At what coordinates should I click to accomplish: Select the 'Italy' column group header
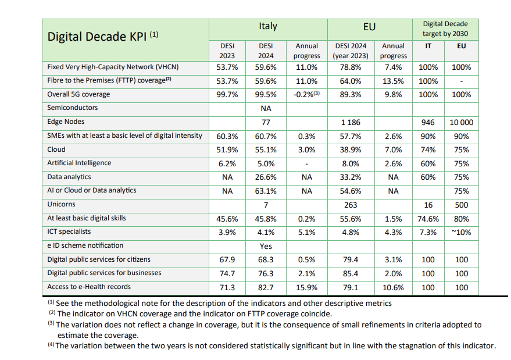click(x=268, y=26)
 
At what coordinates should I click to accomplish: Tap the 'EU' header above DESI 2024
click(x=369, y=27)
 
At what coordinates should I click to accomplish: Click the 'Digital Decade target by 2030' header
click(x=445, y=28)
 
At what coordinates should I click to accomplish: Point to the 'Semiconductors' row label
click(x=72, y=108)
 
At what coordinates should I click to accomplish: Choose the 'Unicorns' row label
click(x=61, y=204)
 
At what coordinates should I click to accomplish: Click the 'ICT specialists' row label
click(x=69, y=231)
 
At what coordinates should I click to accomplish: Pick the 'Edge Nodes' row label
click(x=66, y=122)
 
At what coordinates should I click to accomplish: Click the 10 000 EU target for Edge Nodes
click(x=462, y=123)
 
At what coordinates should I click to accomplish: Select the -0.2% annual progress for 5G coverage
click(x=306, y=95)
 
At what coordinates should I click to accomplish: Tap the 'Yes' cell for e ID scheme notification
click(x=266, y=246)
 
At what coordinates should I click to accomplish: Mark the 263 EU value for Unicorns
click(x=351, y=205)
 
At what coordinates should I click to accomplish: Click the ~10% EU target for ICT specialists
click(x=461, y=233)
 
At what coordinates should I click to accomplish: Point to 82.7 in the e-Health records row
click(x=266, y=288)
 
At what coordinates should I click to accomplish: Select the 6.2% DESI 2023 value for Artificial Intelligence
click(x=227, y=163)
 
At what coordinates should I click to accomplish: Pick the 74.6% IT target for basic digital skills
click(x=428, y=219)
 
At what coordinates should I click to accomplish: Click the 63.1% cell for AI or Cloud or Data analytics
click(x=266, y=191)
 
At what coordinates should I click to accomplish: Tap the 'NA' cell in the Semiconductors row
click(x=266, y=109)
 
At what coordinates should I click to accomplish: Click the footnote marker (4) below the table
click(x=51, y=344)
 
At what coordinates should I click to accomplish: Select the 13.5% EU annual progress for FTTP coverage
click(x=393, y=81)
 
